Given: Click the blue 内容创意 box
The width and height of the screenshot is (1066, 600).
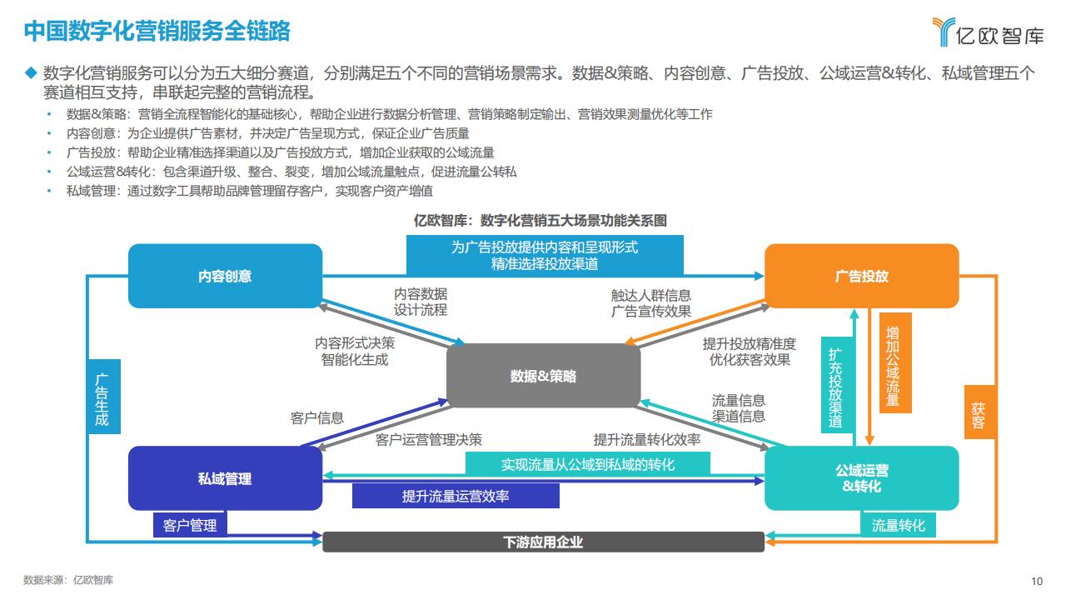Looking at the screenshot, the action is [225, 276].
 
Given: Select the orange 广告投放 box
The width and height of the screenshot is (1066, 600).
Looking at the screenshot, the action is [861, 276].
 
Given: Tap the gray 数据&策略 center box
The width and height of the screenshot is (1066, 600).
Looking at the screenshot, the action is [543, 376].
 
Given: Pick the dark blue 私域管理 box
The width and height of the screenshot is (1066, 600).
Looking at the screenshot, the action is [225, 478].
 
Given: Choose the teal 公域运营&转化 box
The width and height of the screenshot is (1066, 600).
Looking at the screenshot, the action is [861, 478].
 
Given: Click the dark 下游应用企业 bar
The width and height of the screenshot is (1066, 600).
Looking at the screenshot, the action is [543, 542].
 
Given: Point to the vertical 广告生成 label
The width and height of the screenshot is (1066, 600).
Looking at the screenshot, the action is [103, 397].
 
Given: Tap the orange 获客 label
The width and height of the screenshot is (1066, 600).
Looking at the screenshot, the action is [979, 412].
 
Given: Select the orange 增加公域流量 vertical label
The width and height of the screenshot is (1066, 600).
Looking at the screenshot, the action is [895, 362].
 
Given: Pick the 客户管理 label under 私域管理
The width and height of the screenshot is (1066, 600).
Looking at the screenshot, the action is [190, 525].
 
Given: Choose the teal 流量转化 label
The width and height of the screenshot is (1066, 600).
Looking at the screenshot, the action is [898, 525].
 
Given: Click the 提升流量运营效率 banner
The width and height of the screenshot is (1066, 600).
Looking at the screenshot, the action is [456, 496].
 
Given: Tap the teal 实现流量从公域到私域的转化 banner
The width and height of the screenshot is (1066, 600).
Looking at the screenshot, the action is [588, 463].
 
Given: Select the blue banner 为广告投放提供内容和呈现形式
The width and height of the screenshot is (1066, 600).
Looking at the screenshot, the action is [545, 255].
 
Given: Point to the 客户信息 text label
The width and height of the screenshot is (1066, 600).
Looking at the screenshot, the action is [317, 418].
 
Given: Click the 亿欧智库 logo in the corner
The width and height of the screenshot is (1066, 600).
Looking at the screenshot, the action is [988, 32].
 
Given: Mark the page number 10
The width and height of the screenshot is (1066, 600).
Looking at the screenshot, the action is [1037, 581].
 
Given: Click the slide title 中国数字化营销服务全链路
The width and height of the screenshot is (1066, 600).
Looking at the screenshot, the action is [157, 31].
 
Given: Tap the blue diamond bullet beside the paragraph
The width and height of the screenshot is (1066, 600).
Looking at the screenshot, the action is [31, 72].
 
